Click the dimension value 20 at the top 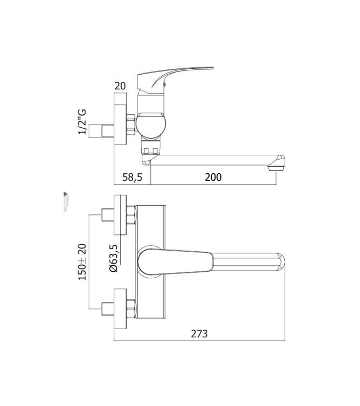click(x=120, y=86)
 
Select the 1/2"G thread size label click(x=83, y=122)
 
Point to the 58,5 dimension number click(x=132, y=177)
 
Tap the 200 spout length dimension click(x=213, y=177)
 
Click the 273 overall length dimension click(x=200, y=333)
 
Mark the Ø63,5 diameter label click(x=114, y=258)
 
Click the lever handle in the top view click(x=179, y=261)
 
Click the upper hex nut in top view click(x=130, y=216)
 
